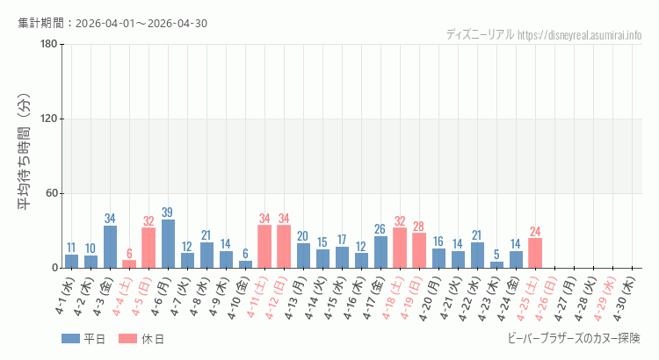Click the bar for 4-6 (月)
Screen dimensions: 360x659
click(x=168, y=244)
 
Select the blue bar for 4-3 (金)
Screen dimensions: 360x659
click(x=110, y=247)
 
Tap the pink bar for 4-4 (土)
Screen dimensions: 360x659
click(x=129, y=263)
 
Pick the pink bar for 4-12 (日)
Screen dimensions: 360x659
click(x=284, y=247)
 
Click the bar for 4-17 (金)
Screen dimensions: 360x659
click(x=380, y=252)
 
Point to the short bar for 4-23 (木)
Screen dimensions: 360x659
click(x=496, y=264)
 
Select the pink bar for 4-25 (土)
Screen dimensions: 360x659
click(x=535, y=253)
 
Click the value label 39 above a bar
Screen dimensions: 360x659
click(x=168, y=212)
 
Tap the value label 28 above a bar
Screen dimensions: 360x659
click(x=419, y=227)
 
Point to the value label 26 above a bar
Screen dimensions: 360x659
click(x=380, y=229)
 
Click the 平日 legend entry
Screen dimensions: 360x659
click(x=83, y=339)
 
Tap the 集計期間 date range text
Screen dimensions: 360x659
click(x=112, y=23)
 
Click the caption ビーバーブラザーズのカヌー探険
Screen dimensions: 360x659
click(x=574, y=338)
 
